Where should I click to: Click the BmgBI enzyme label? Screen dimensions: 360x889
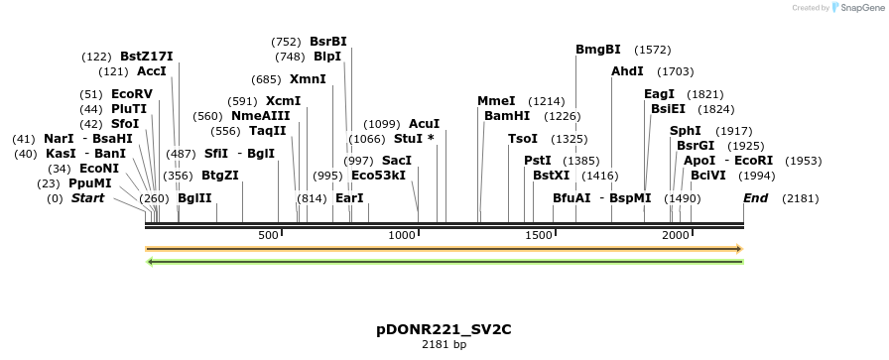click(597, 50)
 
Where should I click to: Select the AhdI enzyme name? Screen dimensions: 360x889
click(627, 71)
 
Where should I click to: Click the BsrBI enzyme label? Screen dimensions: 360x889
click(328, 42)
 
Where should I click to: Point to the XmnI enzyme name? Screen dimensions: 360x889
click(308, 79)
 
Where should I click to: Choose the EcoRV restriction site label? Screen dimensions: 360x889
click(132, 94)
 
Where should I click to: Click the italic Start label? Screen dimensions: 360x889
click(87, 198)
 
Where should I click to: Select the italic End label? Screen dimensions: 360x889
click(755, 198)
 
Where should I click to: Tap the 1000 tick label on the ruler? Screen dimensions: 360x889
click(402, 235)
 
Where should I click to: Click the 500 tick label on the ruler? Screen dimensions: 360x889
click(268, 235)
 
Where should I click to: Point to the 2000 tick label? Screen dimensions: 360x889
click(676, 235)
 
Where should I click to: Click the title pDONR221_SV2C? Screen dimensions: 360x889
click(444, 328)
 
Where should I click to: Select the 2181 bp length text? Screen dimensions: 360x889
click(444, 345)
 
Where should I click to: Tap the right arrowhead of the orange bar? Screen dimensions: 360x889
click(739, 248)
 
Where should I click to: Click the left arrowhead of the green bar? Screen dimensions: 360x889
click(150, 262)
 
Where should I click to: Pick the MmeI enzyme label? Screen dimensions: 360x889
click(496, 101)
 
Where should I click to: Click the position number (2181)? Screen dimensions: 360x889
click(801, 198)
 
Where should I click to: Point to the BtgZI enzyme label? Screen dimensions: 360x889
click(220, 176)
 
